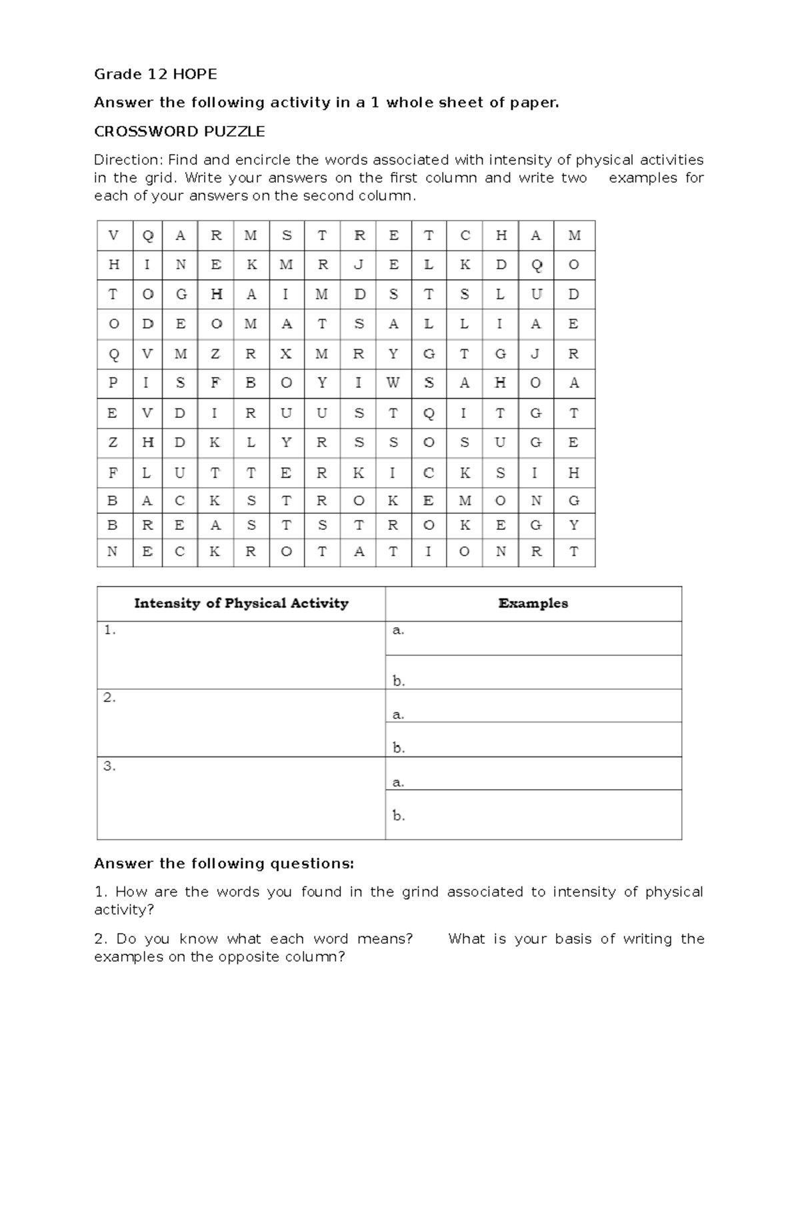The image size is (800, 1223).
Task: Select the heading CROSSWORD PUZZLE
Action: point(179,131)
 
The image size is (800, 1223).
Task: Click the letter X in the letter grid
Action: point(286,354)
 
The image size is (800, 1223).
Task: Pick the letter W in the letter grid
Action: point(393,383)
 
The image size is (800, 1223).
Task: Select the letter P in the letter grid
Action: point(113,383)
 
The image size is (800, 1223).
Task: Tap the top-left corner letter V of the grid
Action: point(113,235)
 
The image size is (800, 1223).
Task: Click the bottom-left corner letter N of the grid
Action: point(113,552)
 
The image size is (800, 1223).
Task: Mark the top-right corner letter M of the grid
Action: point(574,235)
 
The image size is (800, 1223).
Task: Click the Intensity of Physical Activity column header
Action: point(241,603)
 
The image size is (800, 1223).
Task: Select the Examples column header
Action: point(533,603)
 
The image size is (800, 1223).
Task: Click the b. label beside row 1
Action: point(399,681)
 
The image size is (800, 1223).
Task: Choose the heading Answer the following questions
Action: point(223,864)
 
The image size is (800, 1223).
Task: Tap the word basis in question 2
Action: point(573,939)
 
